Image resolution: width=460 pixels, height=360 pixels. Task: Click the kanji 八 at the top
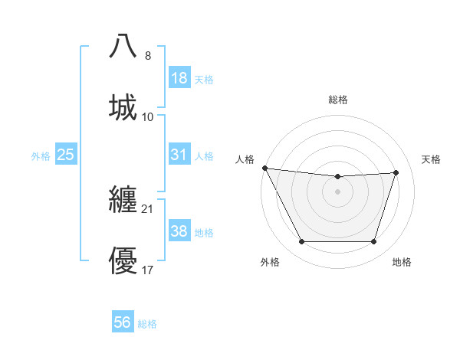pyautogui.click(x=123, y=47)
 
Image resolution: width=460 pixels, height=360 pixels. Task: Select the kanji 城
pyautogui.click(x=123, y=108)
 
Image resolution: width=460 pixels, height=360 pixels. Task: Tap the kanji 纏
pyautogui.click(x=123, y=200)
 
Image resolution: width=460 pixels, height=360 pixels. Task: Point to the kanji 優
pyautogui.click(x=123, y=261)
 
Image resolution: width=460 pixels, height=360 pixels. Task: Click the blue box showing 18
pyautogui.click(x=179, y=78)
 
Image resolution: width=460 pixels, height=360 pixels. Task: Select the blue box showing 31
pyautogui.click(x=179, y=155)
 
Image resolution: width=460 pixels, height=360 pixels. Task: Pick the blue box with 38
pyautogui.click(x=179, y=231)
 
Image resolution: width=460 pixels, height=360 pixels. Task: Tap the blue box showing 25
pyautogui.click(x=65, y=155)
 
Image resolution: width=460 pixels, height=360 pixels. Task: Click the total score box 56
pyautogui.click(x=123, y=322)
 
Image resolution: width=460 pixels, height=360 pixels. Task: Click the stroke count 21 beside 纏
pyautogui.click(x=148, y=208)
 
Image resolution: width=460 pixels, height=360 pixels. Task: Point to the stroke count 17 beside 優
pyautogui.click(x=148, y=270)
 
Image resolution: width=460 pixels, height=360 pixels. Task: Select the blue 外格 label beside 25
pyautogui.click(x=41, y=155)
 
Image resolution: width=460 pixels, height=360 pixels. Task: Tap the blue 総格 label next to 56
pyautogui.click(x=147, y=323)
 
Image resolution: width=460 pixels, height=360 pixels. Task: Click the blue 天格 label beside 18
pyautogui.click(x=203, y=79)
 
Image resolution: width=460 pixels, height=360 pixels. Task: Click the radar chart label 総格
pyautogui.click(x=338, y=100)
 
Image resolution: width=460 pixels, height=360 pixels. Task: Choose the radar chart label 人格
pyautogui.click(x=245, y=159)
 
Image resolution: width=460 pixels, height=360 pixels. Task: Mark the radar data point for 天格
pyautogui.click(x=396, y=172)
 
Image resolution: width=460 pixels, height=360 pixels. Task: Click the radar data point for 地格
pyautogui.click(x=374, y=242)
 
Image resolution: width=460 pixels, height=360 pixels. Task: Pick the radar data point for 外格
pyautogui.click(x=301, y=242)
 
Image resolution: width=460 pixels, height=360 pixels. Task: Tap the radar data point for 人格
pyautogui.click(x=264, y=168)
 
